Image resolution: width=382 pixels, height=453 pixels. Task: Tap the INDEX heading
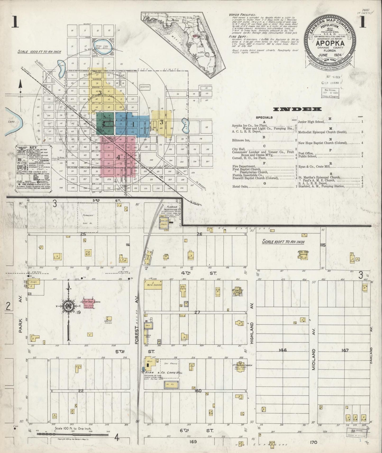(297, 109)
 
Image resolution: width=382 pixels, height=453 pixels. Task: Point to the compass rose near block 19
(68, 306)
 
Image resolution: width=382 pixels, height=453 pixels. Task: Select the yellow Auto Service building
(153, 285)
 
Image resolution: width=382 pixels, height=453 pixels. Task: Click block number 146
(283, 350)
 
